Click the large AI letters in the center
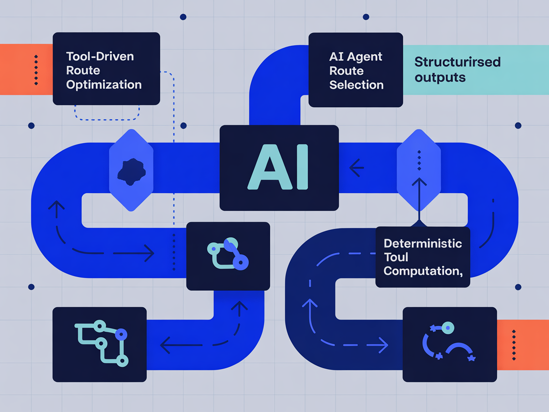click(x=278, y=167)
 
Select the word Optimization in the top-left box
click(x=104, y=85)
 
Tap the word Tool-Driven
click(x=100, y=56)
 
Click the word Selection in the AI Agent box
click(x=356, y=85)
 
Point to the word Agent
click(x=365, y=56)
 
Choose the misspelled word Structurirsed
click(x=457, y=62)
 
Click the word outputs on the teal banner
click(x=440, y=77)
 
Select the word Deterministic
click(x=423, y=243)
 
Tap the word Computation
click(x=421, y=271)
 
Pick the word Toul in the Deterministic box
click(x=396, y=257)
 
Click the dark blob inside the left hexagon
click(x=131, y=171)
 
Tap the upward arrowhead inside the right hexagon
click(x=419, y=182)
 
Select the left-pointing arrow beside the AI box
click(x=356, y=167)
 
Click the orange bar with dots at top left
click(x=26, y=70)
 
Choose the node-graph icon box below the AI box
click(x=228, y=256)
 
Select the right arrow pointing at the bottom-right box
click(x=381, y=345)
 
